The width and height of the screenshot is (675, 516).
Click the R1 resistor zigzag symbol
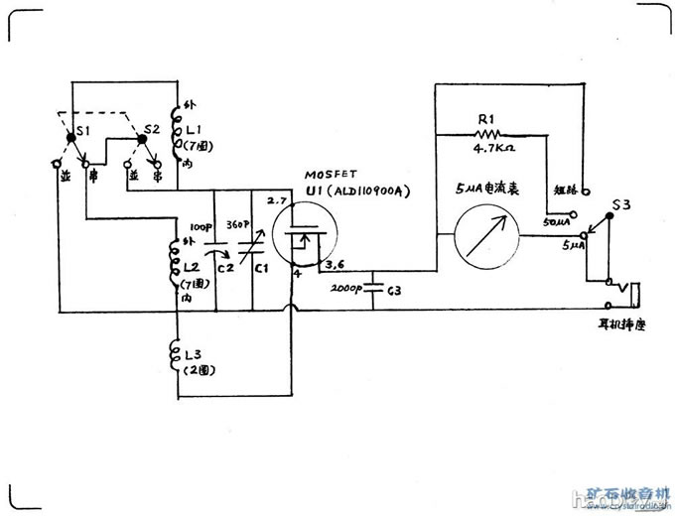(x=486, y=132)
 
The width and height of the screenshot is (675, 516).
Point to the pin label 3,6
(x=336, y=265)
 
